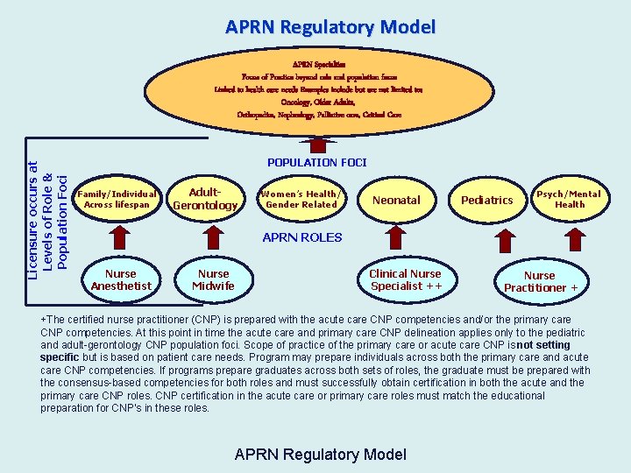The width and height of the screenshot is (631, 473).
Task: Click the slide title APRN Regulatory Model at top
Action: [330, 27]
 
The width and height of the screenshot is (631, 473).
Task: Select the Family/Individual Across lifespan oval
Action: [117, 200]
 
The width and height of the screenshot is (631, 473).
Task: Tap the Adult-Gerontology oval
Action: [205, 199]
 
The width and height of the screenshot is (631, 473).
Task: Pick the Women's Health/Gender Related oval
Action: [301, 199]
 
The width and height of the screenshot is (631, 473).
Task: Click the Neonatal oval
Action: [396, 200]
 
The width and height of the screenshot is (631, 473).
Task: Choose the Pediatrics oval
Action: [487, 200]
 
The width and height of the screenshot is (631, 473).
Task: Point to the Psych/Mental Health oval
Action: [569, 199]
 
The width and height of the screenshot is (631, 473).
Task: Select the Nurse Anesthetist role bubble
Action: [121, 279]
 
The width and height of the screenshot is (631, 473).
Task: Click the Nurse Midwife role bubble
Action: [213, 279]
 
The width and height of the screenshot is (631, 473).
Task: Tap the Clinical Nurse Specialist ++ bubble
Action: [406, 279]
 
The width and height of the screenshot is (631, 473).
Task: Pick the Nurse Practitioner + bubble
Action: [540, 281]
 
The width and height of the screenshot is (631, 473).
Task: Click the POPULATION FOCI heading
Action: [316, 162]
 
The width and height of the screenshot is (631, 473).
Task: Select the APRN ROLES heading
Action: [302, 237]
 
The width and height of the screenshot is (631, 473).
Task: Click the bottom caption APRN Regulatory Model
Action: [321, 454]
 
